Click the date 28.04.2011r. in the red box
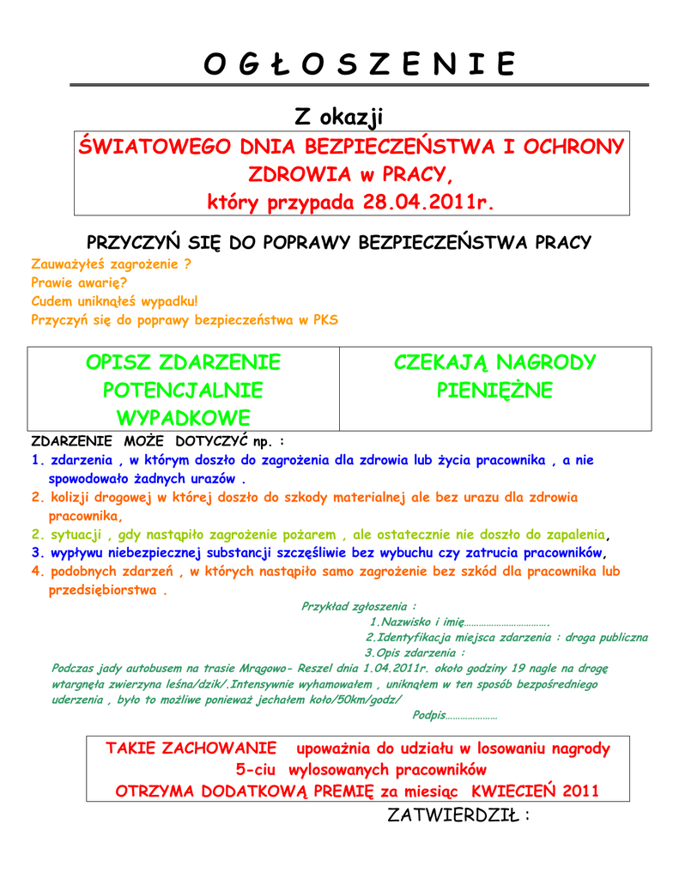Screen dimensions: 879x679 click(429, 203)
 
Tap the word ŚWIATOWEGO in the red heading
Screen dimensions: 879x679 click(151, 147)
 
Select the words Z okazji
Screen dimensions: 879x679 click(339, 116)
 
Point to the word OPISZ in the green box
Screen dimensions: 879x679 click(119, 361)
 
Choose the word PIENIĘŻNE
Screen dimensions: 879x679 click(494, 391)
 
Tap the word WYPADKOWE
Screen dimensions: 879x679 click(183, 418)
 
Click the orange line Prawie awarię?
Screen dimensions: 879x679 click(79, 282)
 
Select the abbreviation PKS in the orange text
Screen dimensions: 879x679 click(326, 320)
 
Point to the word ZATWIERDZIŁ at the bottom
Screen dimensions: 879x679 click(453, 815)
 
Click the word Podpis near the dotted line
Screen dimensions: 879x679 click(429, 715)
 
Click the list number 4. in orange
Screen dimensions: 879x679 click(37, 571)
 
